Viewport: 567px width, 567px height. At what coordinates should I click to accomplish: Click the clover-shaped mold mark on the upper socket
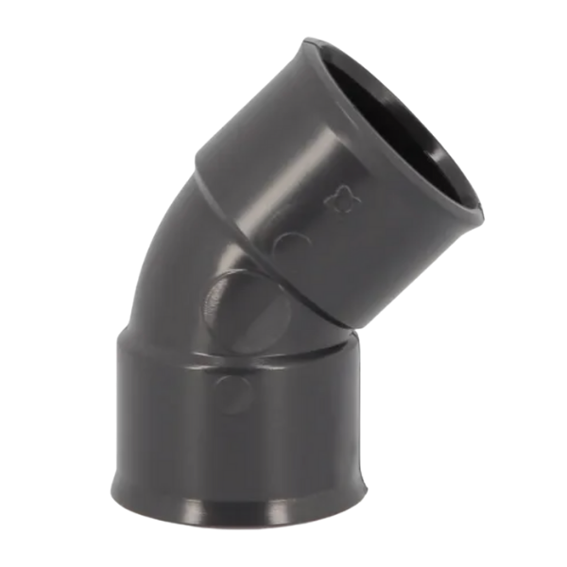coord(336,200)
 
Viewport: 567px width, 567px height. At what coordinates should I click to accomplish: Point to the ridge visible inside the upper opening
coord(444,142)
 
